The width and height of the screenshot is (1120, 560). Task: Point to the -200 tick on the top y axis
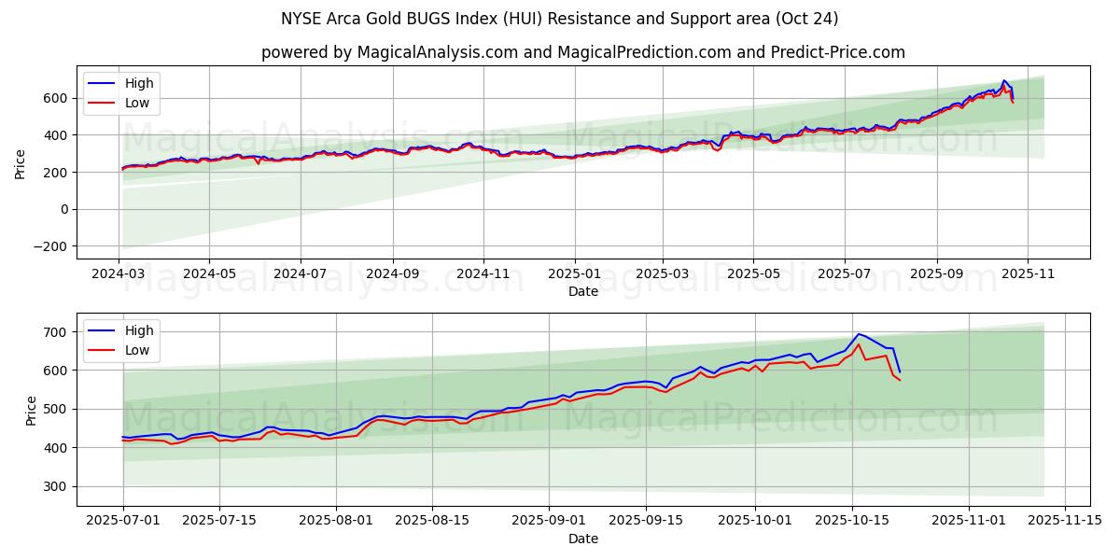click(52, 246)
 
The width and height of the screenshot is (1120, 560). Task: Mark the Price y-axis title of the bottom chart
click(31, 410)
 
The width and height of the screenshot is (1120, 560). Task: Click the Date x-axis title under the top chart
click(583, 291)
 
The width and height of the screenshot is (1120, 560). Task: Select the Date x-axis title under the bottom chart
click(583, 539)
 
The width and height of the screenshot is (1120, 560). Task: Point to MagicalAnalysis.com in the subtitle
click(438, 52)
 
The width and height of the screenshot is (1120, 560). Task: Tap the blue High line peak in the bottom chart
click(859, 334)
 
